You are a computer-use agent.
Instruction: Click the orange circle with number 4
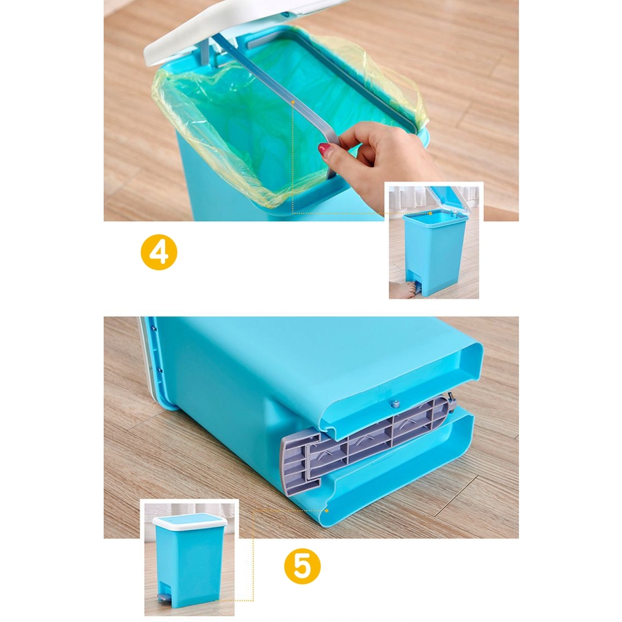pyautogui.click(x=159, y=252)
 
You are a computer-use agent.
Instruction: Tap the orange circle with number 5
pyautogui.click(x=302, y=566)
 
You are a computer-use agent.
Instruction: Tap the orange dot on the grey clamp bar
pyautogui.click(x=293, y=102)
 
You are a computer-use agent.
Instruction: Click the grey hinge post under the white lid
pyautogui.click(x=205, y=52)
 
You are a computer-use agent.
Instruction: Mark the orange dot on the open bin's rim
pyautogui.click(x=431, y=214)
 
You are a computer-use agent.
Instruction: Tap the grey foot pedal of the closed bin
pyautogui.click(x=162, y=596)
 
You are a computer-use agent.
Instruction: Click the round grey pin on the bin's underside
pyautogui.click(x=395, y=404)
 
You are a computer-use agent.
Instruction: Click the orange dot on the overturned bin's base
pyautogui.click(x=326, y=511)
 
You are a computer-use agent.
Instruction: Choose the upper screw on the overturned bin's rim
pyautogui.click(x=155, y=329)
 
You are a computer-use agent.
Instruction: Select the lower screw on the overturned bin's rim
pyautogui.click(x=160, y=370)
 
